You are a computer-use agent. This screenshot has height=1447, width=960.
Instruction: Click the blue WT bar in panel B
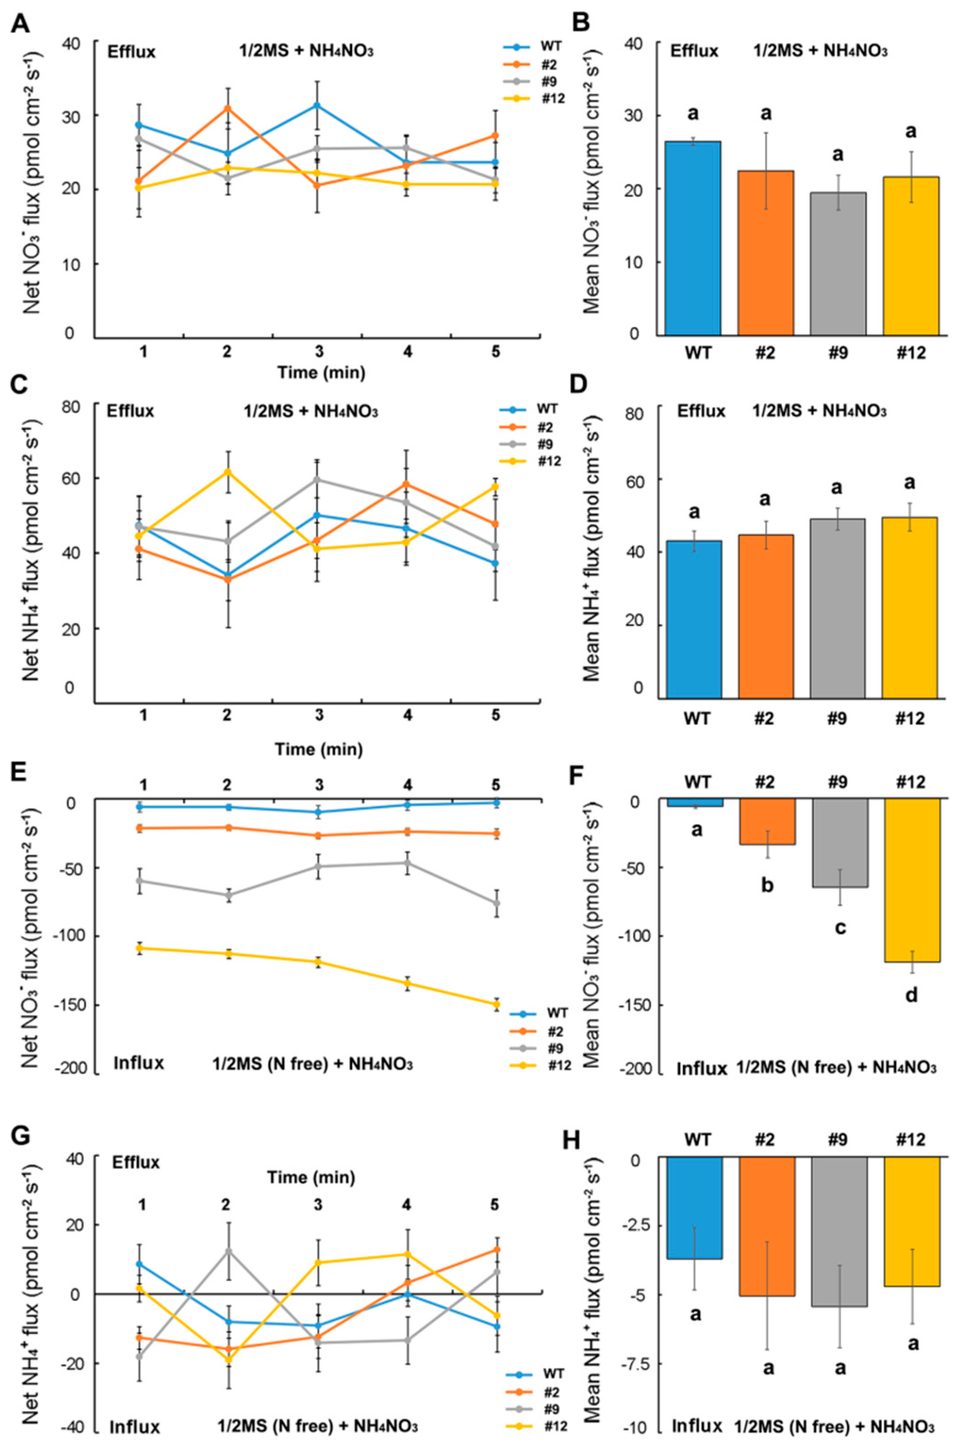(693, 239)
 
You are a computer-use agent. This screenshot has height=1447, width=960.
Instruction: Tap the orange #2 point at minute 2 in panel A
(228, 109)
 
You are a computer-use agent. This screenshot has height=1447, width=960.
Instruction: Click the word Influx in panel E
(139, 1063)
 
